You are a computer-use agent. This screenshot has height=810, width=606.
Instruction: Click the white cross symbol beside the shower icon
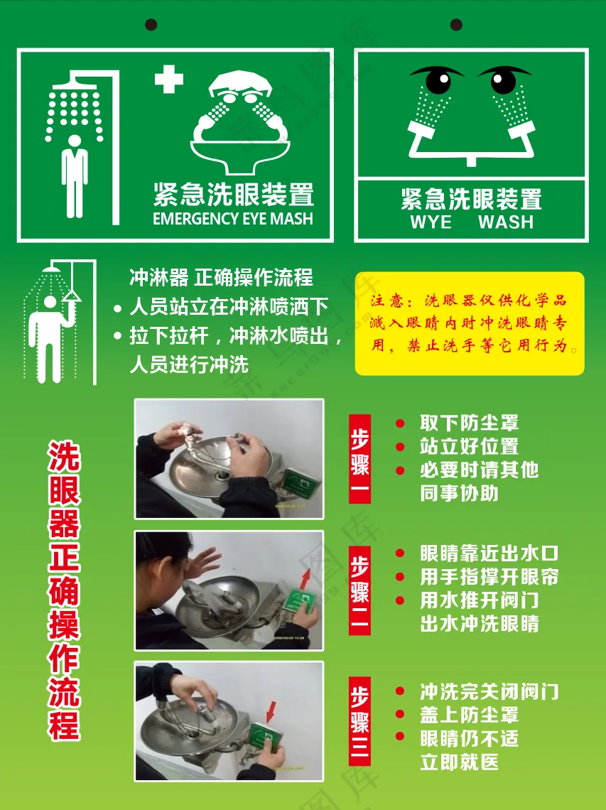click(169, 79)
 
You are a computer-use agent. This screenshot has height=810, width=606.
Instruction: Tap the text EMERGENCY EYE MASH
click(233, 219)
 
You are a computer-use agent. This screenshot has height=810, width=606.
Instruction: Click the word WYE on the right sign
click(431, 222)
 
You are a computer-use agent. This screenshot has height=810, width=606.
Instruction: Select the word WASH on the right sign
click(506, 222)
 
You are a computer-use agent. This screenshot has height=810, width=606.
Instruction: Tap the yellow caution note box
click(470, 323)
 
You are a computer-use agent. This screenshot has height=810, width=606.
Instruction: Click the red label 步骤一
click(359, 459)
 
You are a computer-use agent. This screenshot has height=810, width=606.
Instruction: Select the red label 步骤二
click(359, 590)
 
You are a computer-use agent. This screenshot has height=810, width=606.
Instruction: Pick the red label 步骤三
click(359, 721)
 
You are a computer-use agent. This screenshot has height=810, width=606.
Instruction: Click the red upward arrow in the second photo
click(305, 578)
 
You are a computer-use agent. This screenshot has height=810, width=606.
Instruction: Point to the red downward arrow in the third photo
click(271, 712)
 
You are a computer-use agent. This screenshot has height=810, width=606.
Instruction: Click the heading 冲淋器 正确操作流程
click(221, 277)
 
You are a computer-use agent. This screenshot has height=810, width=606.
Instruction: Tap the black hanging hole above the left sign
click(151, 24)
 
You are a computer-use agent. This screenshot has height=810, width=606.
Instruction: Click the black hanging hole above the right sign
click(456, 24)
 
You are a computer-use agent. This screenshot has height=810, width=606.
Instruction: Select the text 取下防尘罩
click(469, 423)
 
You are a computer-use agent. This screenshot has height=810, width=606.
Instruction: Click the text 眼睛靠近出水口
click(489, 553)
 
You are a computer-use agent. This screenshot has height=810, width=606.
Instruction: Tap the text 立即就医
click(459, 762)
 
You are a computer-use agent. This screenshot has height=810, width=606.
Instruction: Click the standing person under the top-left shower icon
click(75, 176)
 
